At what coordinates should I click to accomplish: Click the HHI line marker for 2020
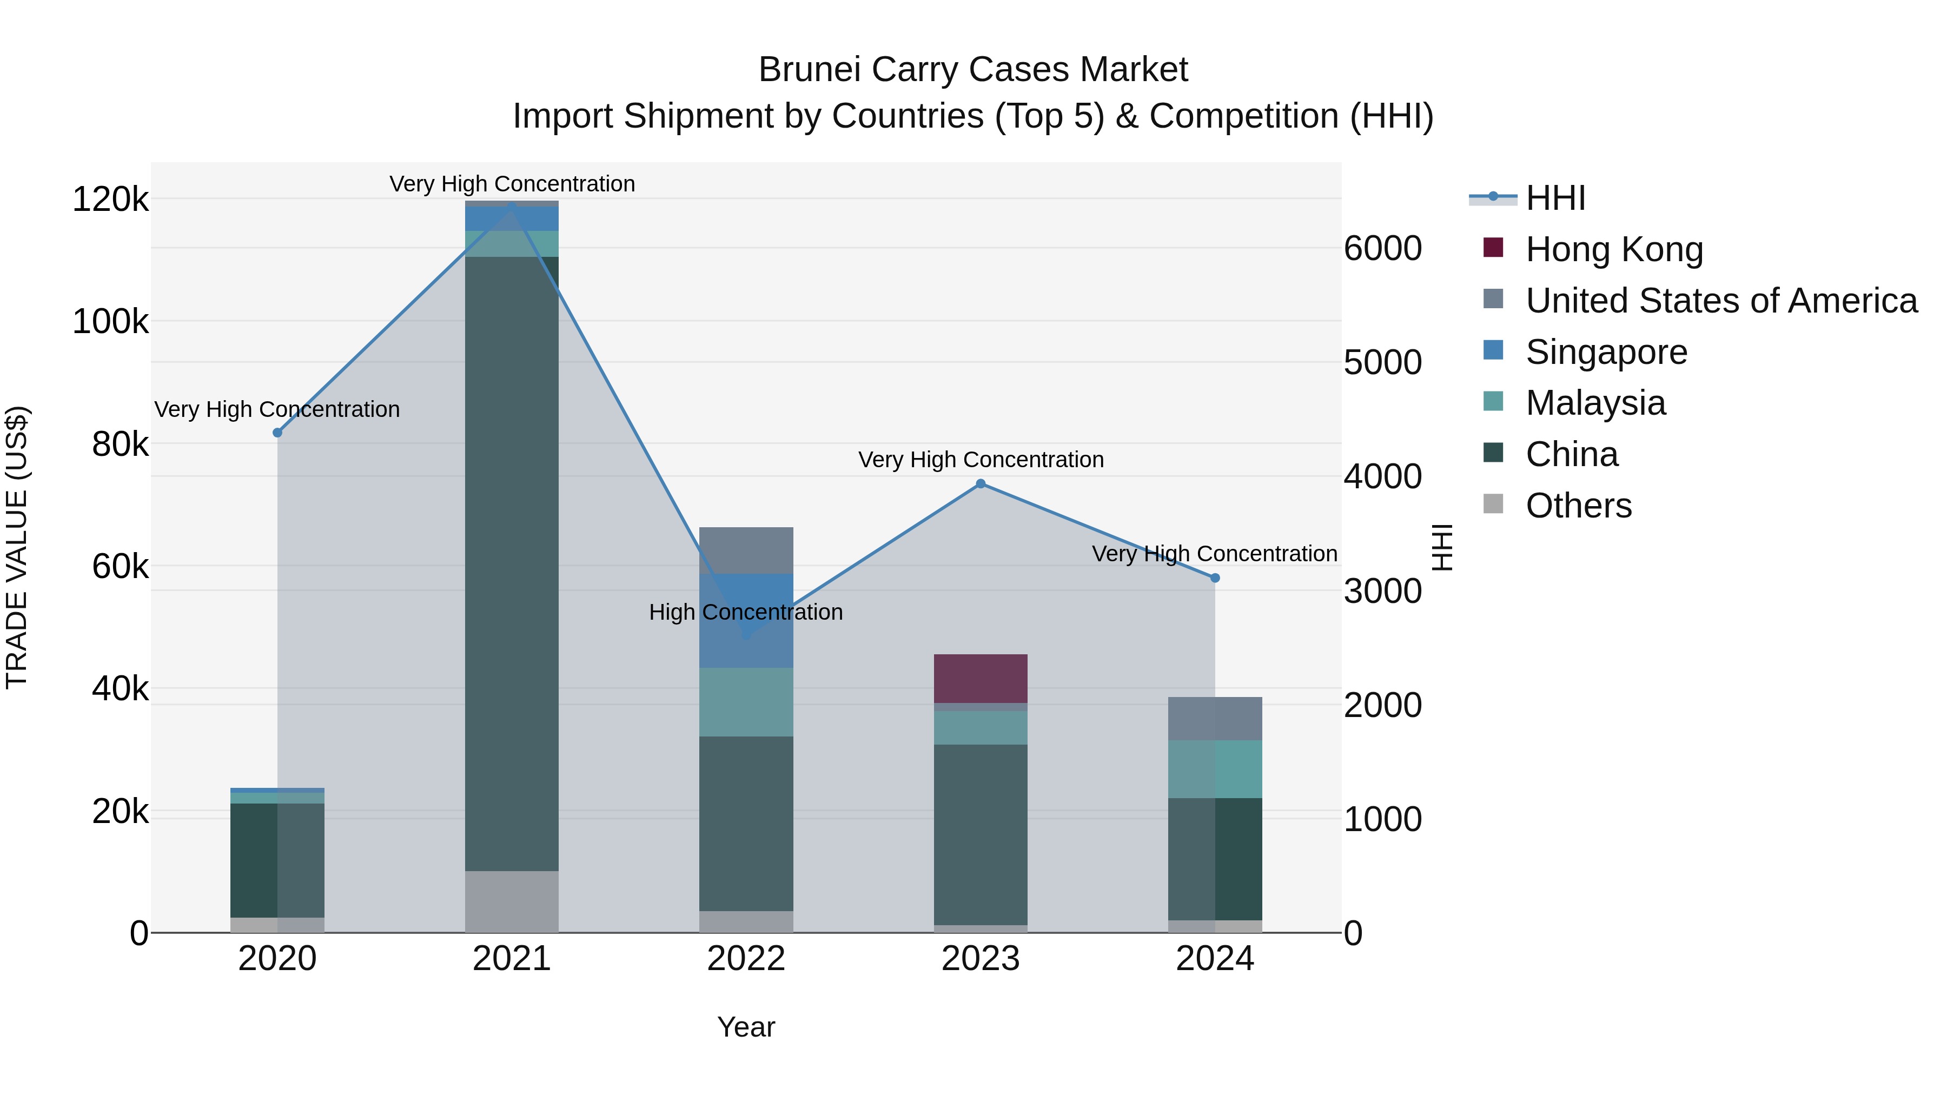[277, 432]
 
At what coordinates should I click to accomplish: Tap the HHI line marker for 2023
[981, 483]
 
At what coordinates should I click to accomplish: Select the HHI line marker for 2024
[1215, 578]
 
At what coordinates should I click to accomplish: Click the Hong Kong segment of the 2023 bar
[981, 679]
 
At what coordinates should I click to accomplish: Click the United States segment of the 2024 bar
[1215, 719]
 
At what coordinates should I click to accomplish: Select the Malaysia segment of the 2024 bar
[1215, 769]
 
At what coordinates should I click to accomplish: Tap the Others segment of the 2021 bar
[512, 901]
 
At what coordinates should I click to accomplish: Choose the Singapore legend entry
[1606, 351]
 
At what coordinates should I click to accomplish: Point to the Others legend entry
[1578, 505]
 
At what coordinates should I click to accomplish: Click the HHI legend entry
[1555, 198]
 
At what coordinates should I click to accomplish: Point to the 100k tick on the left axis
[110, 322]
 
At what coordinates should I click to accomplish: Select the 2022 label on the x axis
[746, 958]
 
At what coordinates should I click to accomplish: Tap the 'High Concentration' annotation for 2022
[746, 612]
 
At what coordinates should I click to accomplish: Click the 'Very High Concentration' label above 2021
[512, 184]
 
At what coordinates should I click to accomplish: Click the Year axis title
[746, 1027]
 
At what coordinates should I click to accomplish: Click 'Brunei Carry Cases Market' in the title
[973, 70]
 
